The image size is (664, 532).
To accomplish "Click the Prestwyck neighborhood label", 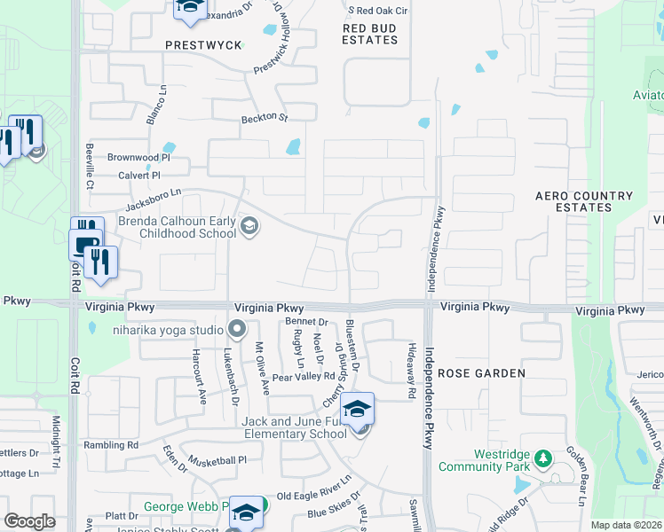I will coord(203,44).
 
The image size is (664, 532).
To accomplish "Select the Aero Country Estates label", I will coord(584,201).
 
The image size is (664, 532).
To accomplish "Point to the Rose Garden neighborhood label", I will coord(482,373).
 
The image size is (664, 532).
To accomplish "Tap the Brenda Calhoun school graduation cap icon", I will coord(249,227).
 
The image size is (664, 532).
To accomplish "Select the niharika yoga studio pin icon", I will coord(237,331).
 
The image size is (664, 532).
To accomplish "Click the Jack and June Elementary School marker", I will coord(358,410).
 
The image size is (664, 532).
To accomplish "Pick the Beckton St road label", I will coord(265,118).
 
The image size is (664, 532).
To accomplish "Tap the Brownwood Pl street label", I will coord(138,157).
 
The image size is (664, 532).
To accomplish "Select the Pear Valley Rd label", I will coord(304,377).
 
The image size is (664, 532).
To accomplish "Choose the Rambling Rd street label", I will coord(110,444).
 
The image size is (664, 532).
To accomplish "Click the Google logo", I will coord(29,521).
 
